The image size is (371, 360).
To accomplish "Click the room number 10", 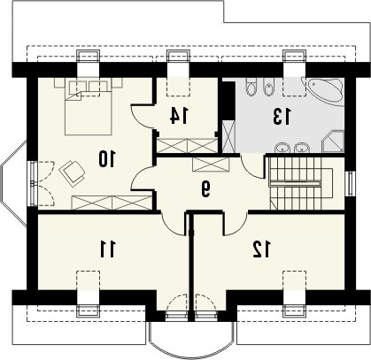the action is pos(106,158).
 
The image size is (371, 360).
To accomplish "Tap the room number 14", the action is pos(179,115).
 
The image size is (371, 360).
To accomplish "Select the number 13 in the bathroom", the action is pos(282,116).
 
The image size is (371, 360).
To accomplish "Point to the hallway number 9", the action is pos(205,189).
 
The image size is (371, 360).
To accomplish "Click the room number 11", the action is pos(107,249).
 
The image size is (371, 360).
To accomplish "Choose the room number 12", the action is pos(261,249).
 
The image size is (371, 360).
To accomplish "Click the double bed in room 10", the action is pos(89,107).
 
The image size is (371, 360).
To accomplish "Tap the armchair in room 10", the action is pos(72,172).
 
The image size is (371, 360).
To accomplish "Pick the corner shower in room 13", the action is pos(333,142).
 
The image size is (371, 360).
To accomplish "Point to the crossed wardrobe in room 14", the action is pos(187,146).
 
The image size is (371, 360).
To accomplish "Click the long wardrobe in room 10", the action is pos(112,203).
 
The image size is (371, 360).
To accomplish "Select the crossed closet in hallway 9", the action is pos(211,165).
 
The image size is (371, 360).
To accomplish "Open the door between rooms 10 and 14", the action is pos(143,116).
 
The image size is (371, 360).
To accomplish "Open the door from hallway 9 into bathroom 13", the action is pos(252,165).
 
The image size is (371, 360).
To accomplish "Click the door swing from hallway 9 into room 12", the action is pos(236,224).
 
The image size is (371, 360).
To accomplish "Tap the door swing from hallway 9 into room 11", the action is pos(174,224).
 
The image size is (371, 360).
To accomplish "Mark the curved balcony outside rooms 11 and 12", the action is pos(191,340).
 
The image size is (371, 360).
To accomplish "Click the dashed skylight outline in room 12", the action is pos(294,280).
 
